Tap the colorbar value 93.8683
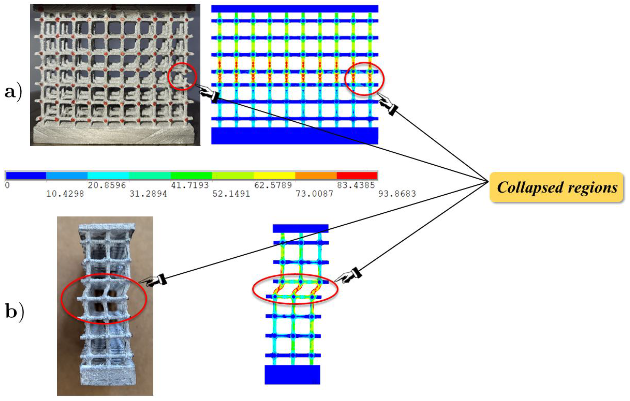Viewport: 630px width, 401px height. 397,194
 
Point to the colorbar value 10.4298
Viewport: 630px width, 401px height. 65,194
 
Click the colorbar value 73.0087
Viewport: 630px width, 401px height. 314,194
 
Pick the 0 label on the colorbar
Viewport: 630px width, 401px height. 7,185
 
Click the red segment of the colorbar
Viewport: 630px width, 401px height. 357,175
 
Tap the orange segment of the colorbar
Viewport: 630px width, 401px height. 316,175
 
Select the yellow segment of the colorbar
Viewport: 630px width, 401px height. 274,175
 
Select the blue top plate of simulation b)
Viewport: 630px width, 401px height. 300,228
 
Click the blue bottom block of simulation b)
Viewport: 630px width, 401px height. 292,375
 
